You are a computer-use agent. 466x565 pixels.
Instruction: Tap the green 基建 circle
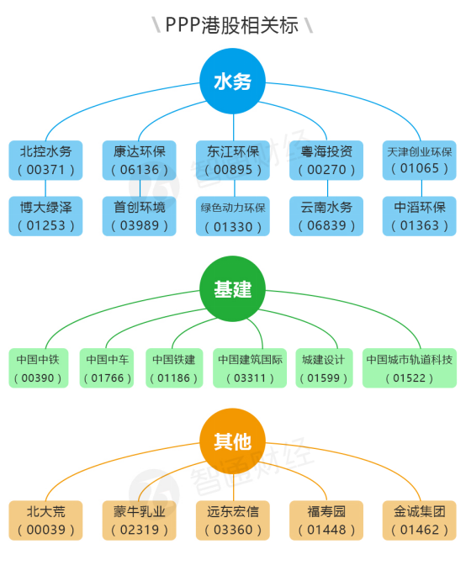233,290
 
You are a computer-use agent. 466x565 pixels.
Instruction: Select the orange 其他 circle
233,441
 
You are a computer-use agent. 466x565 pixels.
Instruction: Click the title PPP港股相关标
232,24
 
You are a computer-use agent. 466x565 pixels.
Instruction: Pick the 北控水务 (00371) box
46,160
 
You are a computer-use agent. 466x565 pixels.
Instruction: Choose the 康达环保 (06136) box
140,160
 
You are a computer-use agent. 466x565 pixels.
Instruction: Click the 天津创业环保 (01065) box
419,160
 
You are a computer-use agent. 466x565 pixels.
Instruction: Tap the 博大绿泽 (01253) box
46,215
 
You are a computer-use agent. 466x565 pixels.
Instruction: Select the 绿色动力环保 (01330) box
233,216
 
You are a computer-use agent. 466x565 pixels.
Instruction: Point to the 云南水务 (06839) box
326,215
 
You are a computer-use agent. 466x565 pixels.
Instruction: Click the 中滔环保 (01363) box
419,215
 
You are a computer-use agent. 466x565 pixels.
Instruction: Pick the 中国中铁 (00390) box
38,368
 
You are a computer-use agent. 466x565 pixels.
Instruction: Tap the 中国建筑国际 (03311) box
250,368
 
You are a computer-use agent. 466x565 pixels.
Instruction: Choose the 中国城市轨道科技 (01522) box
409,368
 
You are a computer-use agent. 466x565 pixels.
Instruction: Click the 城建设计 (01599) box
323,368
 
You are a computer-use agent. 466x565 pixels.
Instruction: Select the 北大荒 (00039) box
46,520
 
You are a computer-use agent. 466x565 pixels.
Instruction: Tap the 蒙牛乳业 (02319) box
140,520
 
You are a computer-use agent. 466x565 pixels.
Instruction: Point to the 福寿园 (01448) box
326,520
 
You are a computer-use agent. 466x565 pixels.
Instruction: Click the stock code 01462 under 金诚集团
419,531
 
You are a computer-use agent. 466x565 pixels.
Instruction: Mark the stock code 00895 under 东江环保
233,170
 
